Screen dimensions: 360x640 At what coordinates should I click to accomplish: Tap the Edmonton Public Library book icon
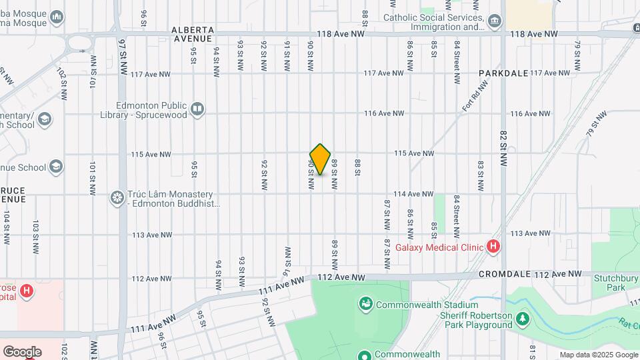197,109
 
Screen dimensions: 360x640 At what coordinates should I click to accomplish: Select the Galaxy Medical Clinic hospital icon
493,247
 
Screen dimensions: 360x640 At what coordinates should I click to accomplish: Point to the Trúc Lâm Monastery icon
117,197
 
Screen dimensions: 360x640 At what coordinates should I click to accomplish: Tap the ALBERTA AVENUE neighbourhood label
193,34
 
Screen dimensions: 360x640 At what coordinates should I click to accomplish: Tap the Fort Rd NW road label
475,95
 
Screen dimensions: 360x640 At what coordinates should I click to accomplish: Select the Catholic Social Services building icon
495,21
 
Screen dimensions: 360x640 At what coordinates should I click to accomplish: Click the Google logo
22,352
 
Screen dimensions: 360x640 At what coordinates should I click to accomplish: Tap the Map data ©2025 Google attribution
598,355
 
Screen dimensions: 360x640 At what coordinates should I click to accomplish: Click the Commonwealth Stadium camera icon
365,305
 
